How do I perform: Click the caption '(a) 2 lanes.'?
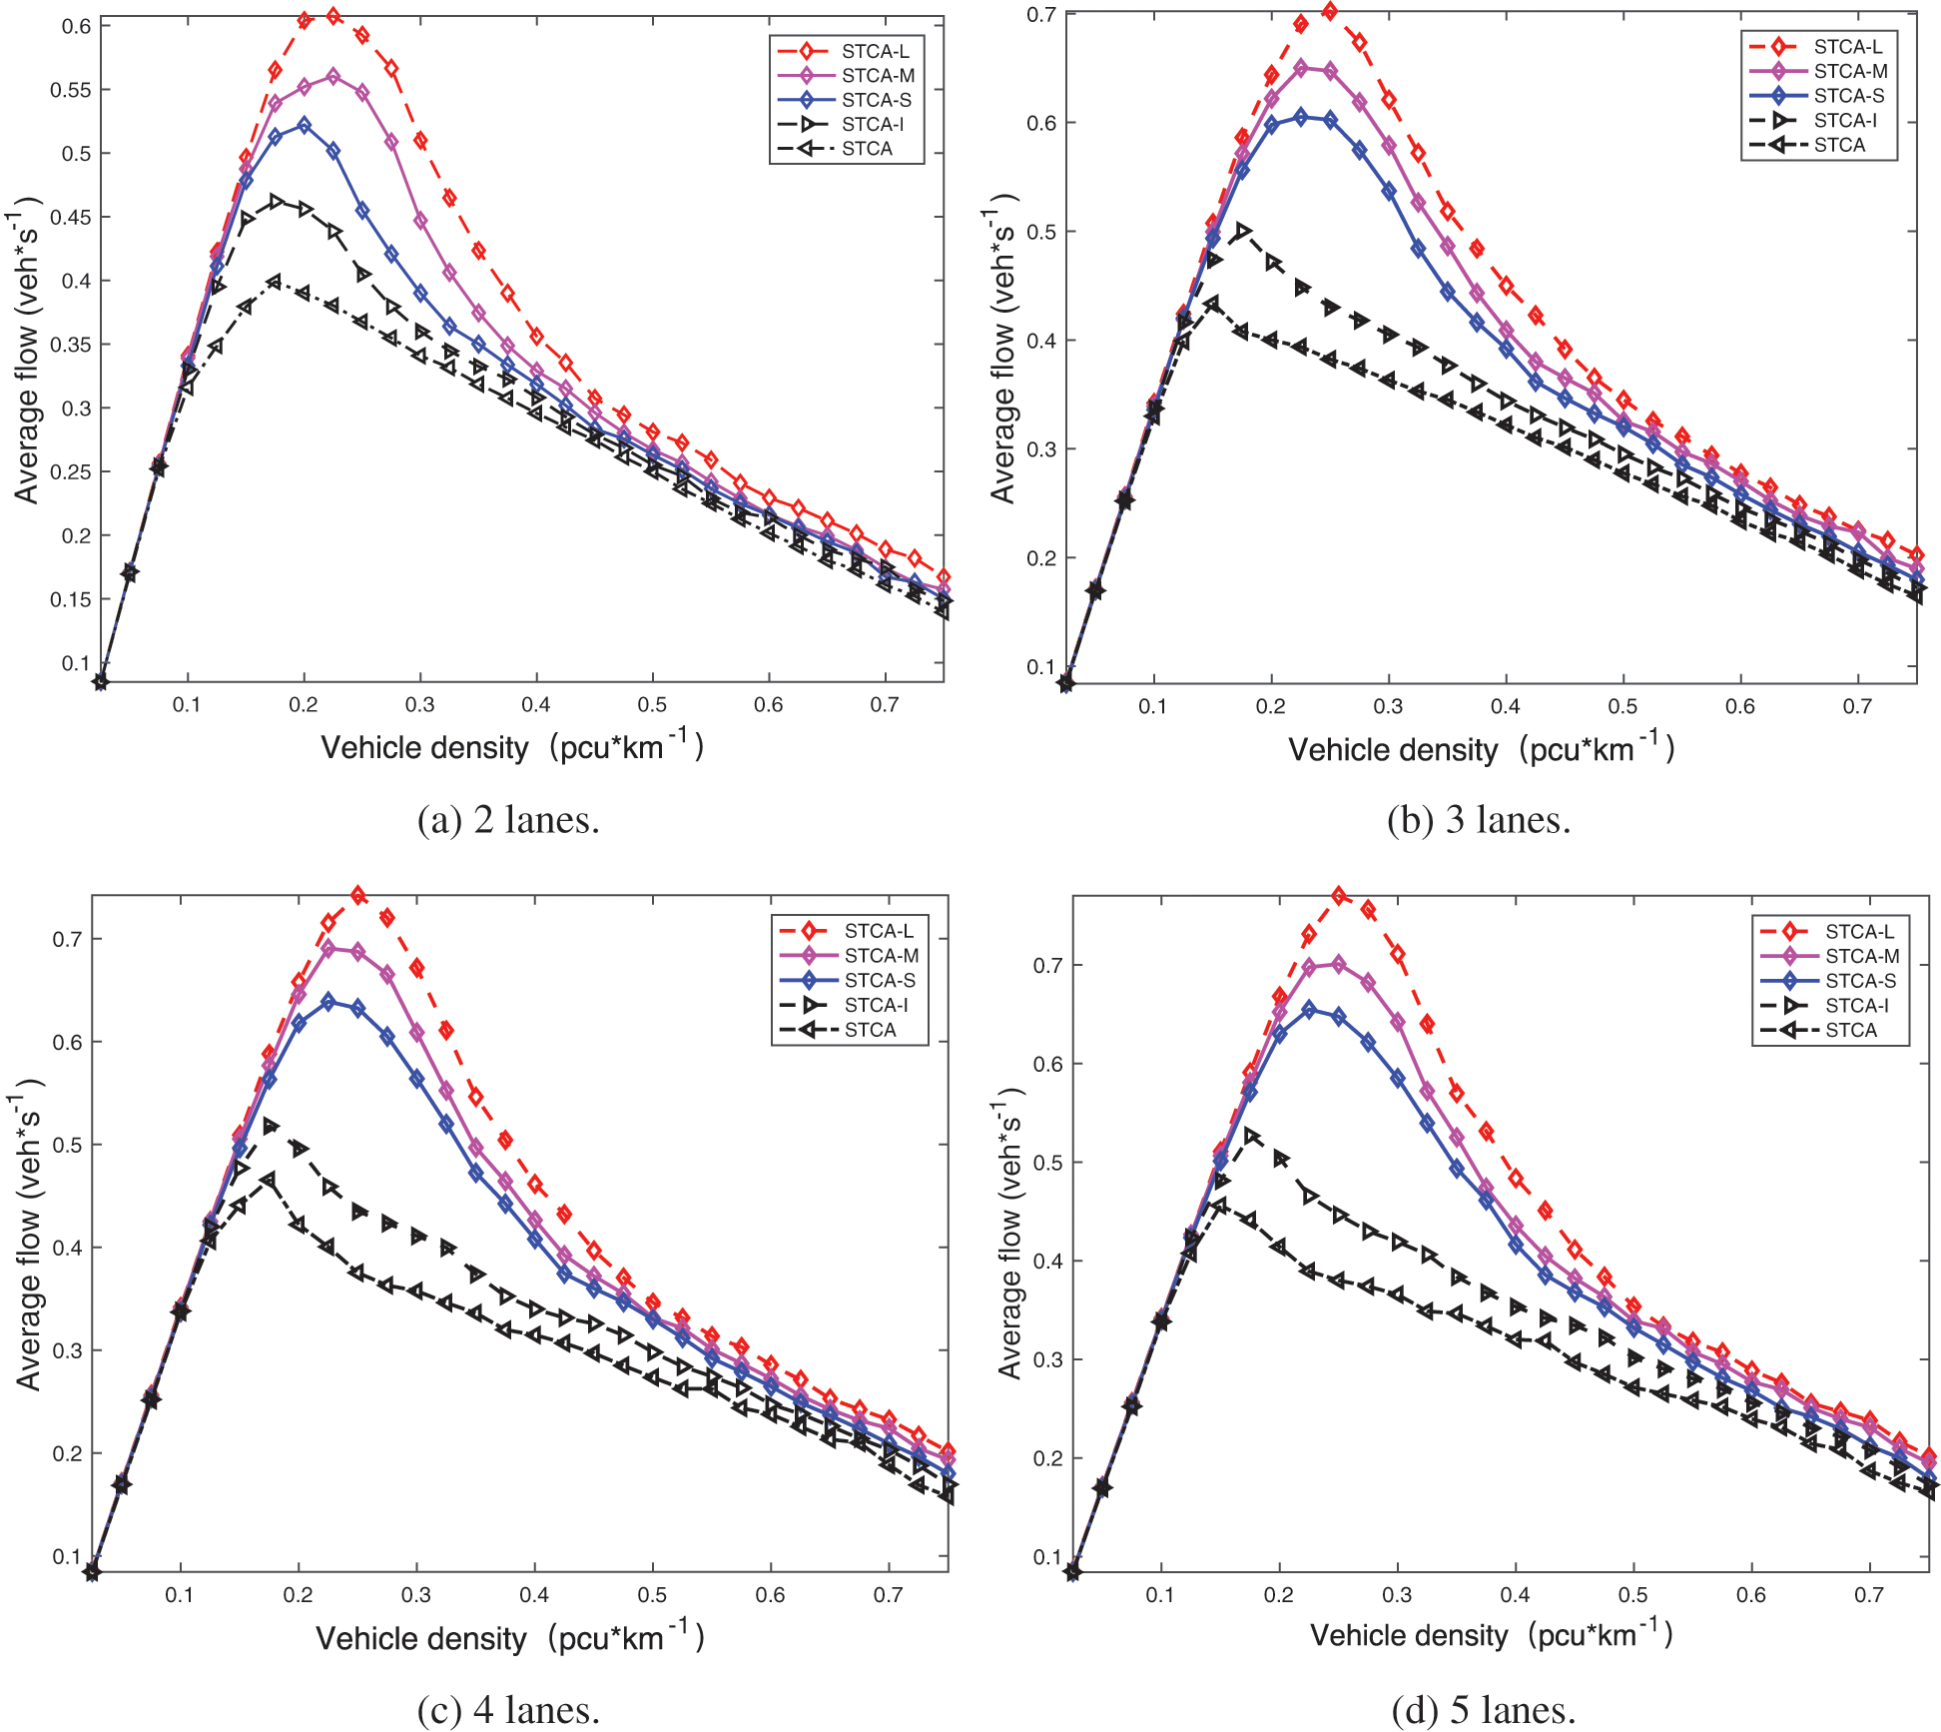[508, 820]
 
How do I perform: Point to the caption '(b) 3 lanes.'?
[1479, 820]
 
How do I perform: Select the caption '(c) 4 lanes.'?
[508, 1710]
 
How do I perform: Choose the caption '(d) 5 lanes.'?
[1483, 1710]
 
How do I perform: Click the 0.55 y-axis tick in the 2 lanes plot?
[70, 90]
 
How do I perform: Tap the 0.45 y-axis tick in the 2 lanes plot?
[70, 218]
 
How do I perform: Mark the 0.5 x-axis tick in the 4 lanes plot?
[652, 1595]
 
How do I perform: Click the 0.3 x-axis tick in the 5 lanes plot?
[1397, 1595]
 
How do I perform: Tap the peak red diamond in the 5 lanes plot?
[1339, 896]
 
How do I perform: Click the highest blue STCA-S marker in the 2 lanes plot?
[305, 125]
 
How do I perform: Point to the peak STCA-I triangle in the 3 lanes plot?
[1242, 232]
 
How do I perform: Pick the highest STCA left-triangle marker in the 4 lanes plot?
[269, 1180]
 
